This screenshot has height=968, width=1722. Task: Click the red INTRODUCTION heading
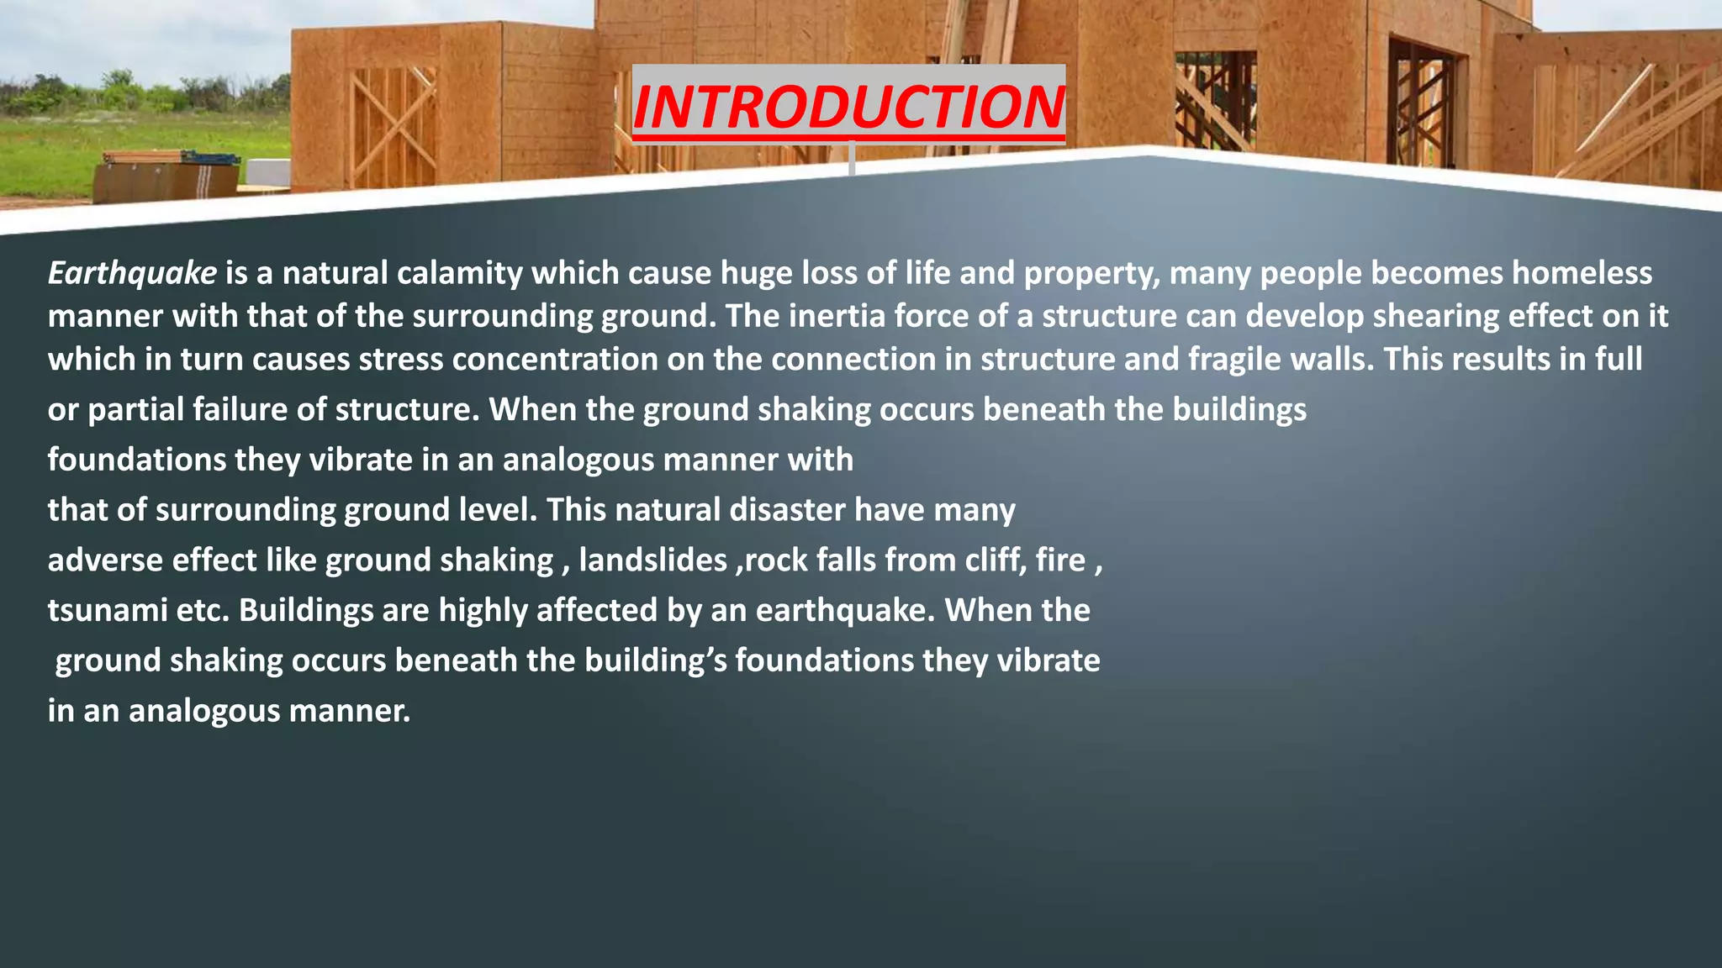848,107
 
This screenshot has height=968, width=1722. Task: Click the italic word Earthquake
132,273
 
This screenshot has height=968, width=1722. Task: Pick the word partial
135,410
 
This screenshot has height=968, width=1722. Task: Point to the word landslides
653,560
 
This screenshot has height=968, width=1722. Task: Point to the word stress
401,360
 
